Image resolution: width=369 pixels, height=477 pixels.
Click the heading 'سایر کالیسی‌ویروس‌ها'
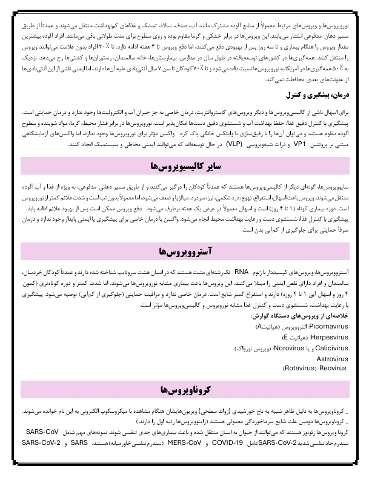[184, 166]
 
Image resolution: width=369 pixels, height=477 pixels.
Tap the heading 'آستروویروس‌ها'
[184, 251]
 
